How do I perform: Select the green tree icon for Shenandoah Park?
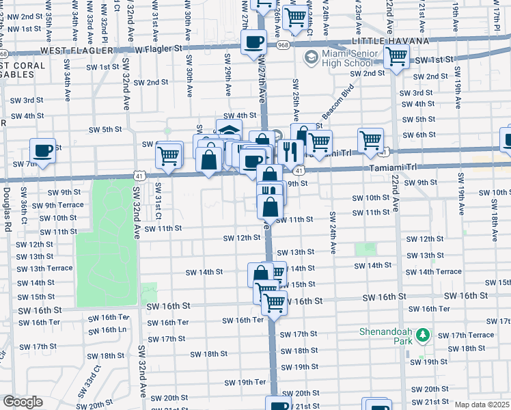click(x=423, y=334)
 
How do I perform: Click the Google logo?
click(x=22, y=402)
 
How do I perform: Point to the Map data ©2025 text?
click(x=482, y=405)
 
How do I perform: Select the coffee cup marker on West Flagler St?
click(x=253, y=42)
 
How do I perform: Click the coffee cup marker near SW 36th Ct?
click(x=42, y=150)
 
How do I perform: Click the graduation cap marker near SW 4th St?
click(x=229, y=131)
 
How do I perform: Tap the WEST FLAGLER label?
click(x=73, y=51)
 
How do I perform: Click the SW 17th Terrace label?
click(x=466, y=335)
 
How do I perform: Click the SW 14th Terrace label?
click(x=439, y=271)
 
